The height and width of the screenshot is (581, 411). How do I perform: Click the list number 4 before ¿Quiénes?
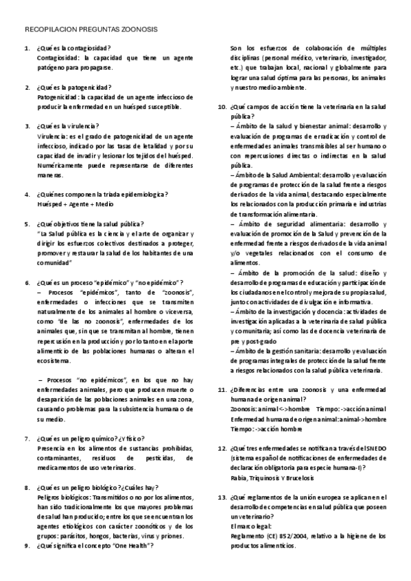27,195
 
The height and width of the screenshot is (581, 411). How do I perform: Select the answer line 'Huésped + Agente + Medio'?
75,204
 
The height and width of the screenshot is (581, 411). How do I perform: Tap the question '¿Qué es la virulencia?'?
69,127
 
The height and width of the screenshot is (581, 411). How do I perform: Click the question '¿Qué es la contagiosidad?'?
74,49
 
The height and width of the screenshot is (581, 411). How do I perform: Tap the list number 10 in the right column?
222,107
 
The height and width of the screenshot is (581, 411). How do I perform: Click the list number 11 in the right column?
222,389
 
